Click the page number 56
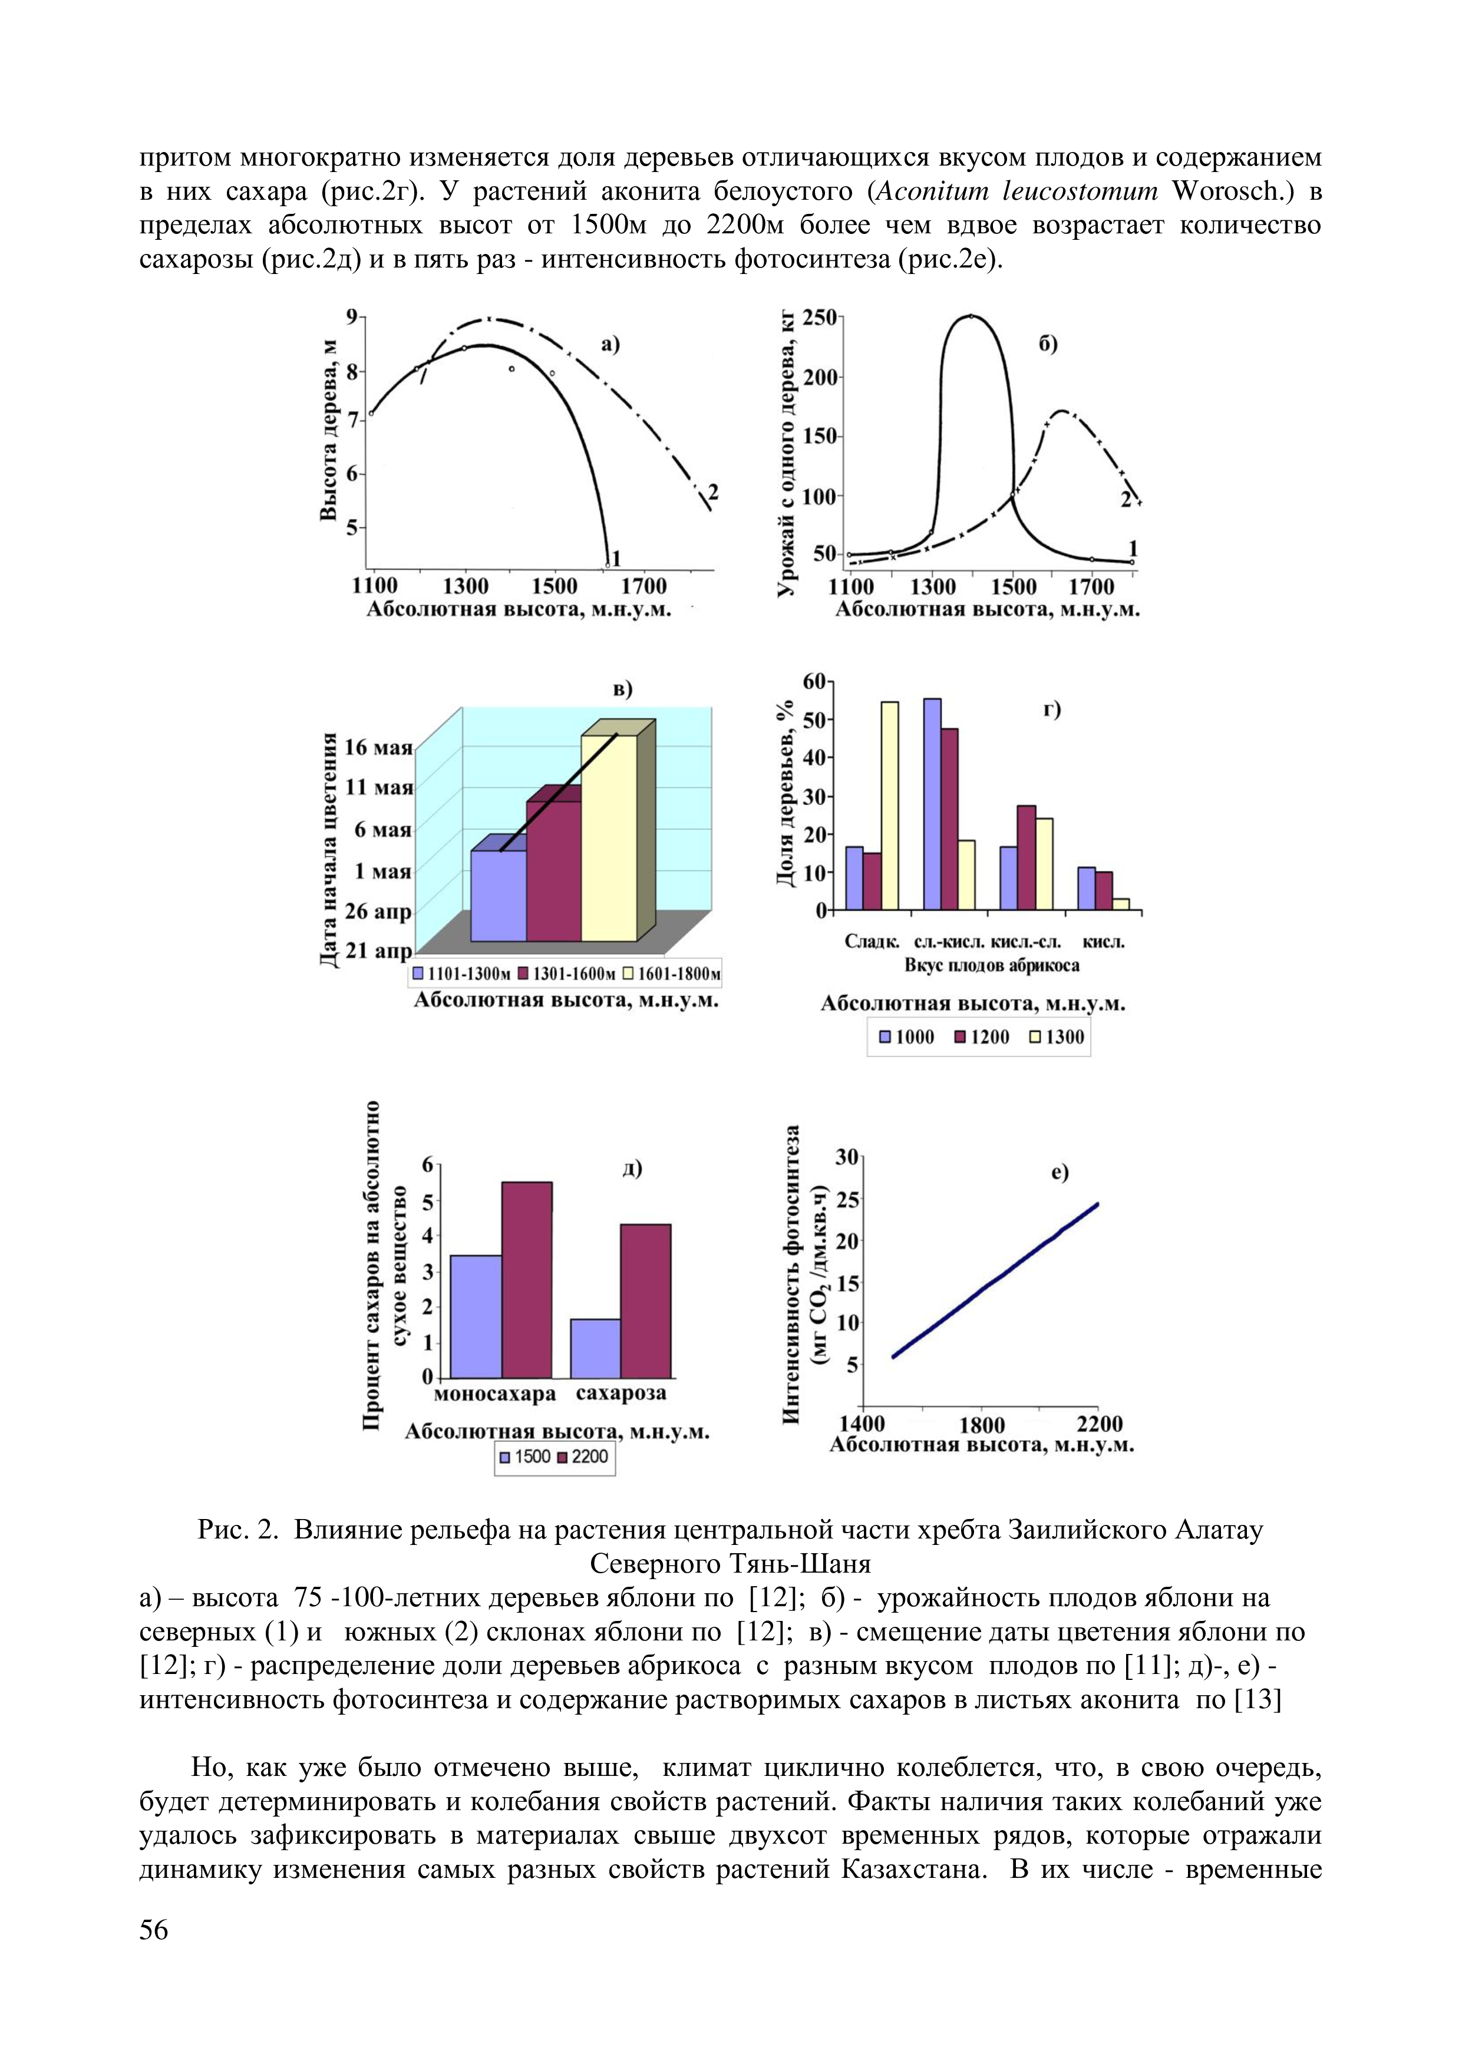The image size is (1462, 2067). [x=154, y=1930]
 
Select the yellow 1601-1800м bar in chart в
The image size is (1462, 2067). [x=609, y=837]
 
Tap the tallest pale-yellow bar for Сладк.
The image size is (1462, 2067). [x=889, y=805]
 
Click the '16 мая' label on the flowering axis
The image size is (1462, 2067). [x=378, y=747]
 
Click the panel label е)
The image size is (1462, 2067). [x=1059, y=1172]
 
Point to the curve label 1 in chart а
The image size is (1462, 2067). [x=616, y=559]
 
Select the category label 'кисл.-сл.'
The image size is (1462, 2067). [x=1025, y=942]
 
